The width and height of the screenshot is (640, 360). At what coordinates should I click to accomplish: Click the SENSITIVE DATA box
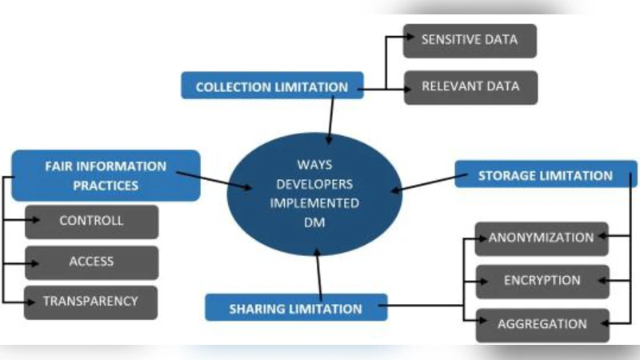[469, 40]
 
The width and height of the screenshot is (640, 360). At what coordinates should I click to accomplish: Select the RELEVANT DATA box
[469, 87]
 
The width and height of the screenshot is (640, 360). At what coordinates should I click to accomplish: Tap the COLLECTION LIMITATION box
[272, 86]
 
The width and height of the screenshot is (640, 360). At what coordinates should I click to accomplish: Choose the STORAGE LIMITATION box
[546, 175]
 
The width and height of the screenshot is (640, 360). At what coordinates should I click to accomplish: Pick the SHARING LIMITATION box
[296, 308]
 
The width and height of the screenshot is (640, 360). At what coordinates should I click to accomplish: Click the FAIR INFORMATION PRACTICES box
[106, 176]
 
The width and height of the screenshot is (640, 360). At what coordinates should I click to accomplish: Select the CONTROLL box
[91, 222]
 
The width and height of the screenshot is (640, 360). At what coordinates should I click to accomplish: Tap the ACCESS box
[91, 262]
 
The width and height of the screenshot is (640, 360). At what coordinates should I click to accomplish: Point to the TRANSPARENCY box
[90, 302]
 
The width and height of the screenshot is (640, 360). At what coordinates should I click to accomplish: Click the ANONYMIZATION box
[542, 238]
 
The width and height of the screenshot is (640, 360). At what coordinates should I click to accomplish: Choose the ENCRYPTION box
[542, 282]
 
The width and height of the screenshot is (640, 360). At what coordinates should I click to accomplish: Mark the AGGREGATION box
[542, 325]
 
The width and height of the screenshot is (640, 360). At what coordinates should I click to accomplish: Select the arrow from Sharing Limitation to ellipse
[321, 272]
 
